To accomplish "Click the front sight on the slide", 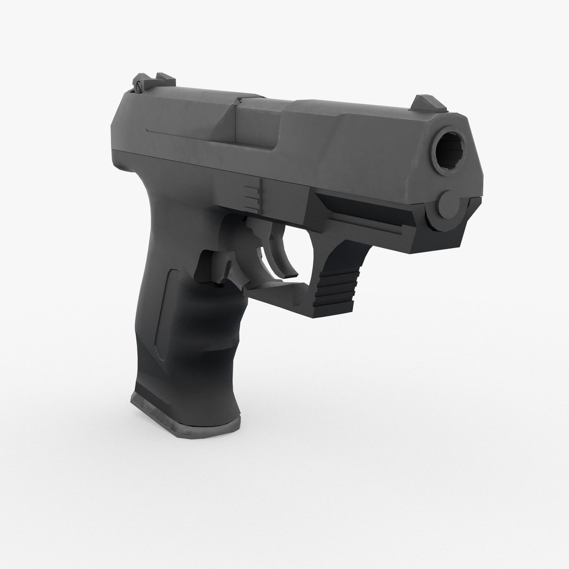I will tap(428, 103).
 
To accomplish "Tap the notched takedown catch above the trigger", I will tap(253, 192).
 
